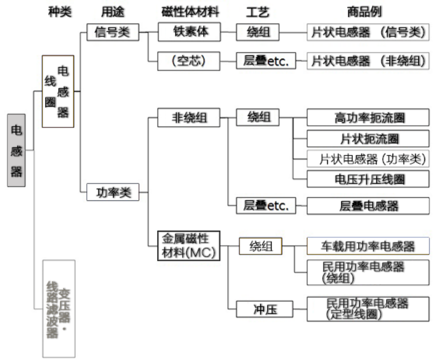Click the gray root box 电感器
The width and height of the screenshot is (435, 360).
point(16,150)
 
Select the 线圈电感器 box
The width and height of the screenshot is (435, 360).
point(58,92)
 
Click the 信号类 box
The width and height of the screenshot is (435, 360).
point(112,32)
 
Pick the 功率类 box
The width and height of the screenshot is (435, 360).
point(113,193)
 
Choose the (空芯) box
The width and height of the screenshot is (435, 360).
point(188,61)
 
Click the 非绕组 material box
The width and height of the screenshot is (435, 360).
point(189,118)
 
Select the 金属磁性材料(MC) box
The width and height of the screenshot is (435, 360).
point(189,245)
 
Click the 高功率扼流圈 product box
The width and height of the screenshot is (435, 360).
point(370,118)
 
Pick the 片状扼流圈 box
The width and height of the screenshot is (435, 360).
point(370,139)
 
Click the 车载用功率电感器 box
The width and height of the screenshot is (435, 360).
point(369,246)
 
